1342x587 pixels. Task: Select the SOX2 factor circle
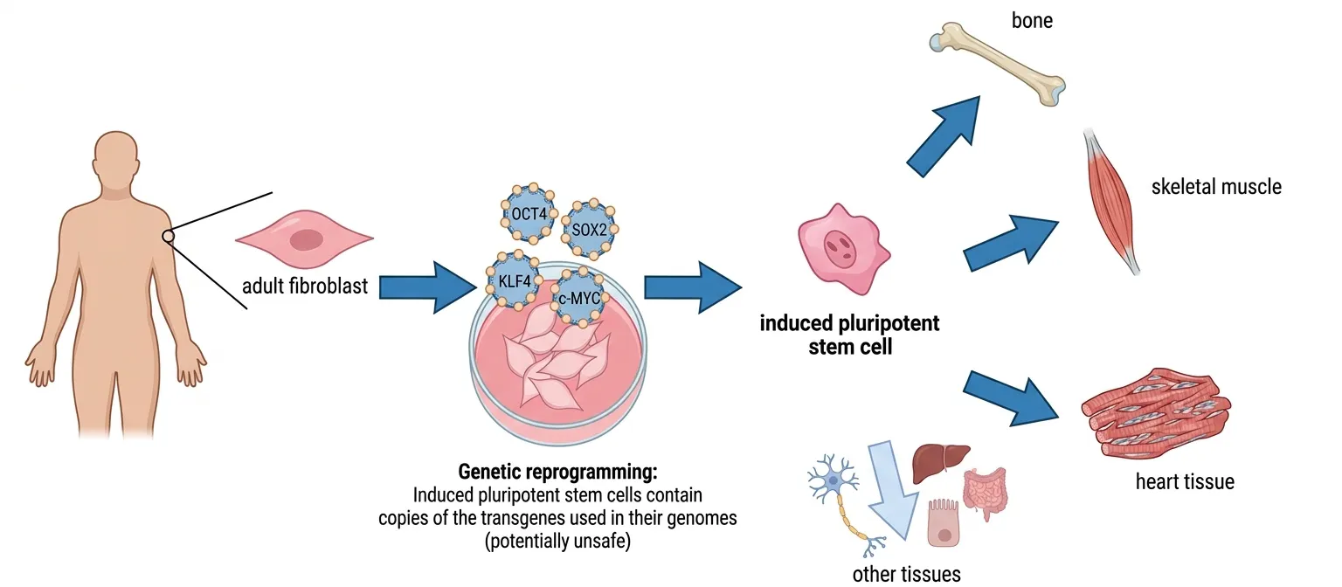588,230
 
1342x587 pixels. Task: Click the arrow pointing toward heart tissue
1014,396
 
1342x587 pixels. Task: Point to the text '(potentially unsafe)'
557,541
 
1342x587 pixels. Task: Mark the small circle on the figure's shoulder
169,236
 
